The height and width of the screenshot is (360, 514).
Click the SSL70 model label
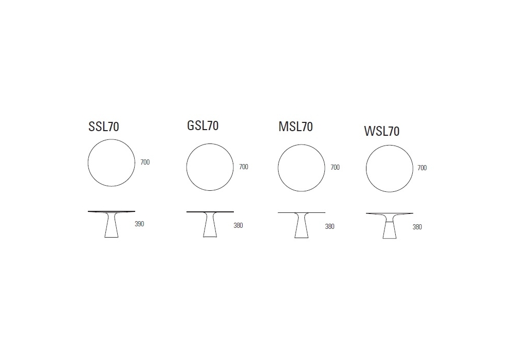(104, 127)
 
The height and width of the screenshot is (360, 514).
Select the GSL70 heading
(203, 125)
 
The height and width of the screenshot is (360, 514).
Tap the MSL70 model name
(296, 127)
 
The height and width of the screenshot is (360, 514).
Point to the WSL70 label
(382, 131)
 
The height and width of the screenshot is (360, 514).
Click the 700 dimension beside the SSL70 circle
(145, 162)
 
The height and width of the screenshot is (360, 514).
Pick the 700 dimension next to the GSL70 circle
(244, 167)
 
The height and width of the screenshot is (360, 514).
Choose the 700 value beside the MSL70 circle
(335, 167)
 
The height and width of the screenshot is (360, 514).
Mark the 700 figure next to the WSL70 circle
(422, 168)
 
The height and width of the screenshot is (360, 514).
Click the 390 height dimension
(139, 224)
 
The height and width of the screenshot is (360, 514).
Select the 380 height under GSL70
(238, 225)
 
